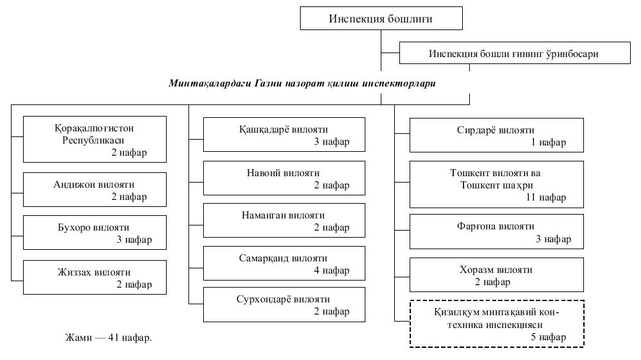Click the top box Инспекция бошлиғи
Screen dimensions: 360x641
381,19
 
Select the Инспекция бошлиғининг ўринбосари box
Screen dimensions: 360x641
513,53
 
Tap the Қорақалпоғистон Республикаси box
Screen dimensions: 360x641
94,139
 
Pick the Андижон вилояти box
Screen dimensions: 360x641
94,190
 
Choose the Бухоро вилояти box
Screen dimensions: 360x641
94,233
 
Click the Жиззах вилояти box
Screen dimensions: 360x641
94,277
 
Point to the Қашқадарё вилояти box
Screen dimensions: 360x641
284,135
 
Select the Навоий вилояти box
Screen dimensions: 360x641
284,178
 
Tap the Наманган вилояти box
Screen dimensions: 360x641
284,220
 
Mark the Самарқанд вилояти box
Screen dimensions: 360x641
284,263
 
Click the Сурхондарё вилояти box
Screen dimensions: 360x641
284,304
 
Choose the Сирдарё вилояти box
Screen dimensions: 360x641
497,135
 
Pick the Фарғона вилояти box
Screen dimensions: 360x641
497,232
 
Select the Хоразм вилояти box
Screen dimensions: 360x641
497,275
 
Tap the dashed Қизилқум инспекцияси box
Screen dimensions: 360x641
497,323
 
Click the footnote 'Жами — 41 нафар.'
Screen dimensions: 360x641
108,337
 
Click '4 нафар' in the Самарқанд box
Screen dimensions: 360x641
331,270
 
